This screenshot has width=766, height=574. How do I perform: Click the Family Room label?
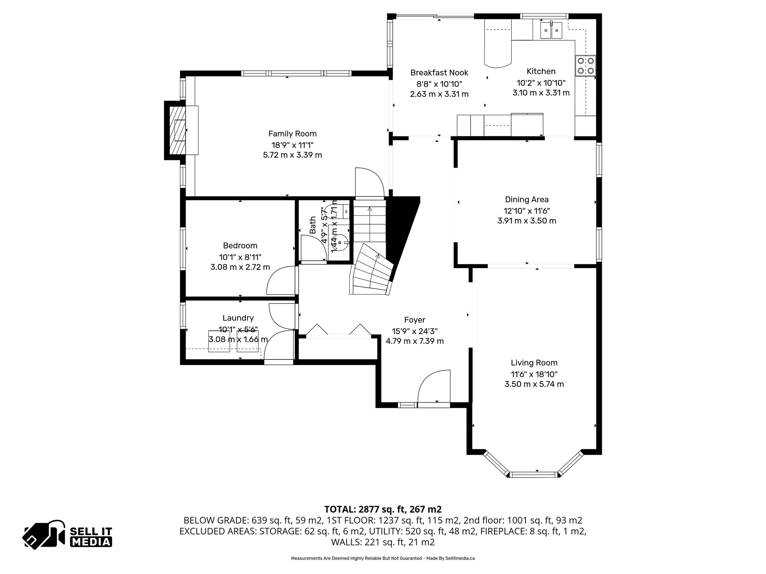292,134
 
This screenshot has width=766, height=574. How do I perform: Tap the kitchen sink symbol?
551,30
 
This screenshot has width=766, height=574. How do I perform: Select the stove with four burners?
585,65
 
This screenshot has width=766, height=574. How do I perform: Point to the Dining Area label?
526,200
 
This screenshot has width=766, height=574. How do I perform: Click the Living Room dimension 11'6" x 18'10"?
534,374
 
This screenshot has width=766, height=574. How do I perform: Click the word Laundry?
238,318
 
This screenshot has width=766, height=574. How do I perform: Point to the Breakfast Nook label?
439,72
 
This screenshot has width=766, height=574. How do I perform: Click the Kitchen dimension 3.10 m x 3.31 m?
541,93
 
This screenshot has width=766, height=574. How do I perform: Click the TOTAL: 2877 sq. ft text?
383,509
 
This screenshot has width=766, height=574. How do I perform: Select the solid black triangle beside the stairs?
400,224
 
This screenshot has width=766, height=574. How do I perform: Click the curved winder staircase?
371,271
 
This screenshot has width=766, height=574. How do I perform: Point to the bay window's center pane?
534,475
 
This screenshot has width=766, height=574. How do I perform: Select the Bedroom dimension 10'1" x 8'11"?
240,257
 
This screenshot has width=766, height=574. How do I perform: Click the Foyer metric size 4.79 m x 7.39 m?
414,341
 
